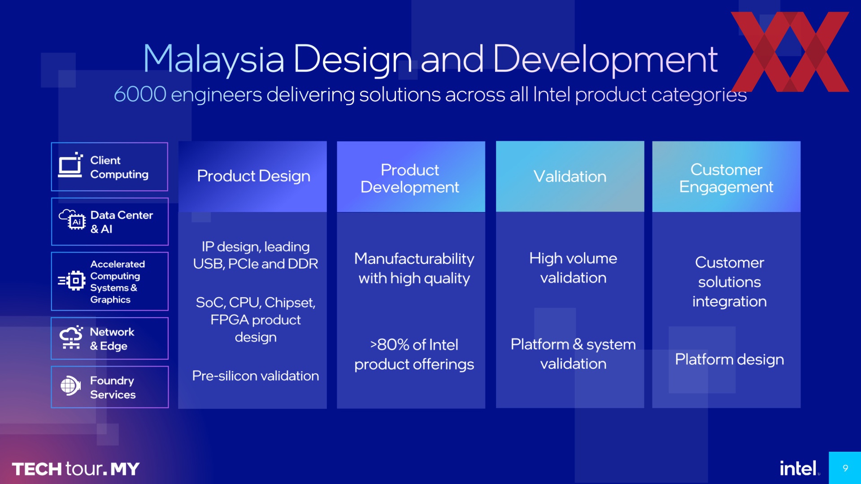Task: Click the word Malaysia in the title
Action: point(213,60)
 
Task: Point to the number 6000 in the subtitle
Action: point(140,95)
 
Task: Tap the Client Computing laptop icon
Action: point(71,165)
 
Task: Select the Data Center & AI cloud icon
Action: point(72,220)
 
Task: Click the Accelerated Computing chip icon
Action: point(72,281)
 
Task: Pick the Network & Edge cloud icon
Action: point(71,337)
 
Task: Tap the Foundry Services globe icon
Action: point(70,385)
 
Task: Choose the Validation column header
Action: point(570,177)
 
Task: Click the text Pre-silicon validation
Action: point(256,376)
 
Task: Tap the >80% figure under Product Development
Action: point(390,345)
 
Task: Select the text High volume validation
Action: point(573,268)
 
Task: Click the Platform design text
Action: point(730,359)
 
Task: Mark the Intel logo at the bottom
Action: point(798,468)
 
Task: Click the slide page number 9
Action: point(845,468)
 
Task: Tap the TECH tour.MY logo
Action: point(75,469)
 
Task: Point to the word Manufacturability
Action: point(414,259)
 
